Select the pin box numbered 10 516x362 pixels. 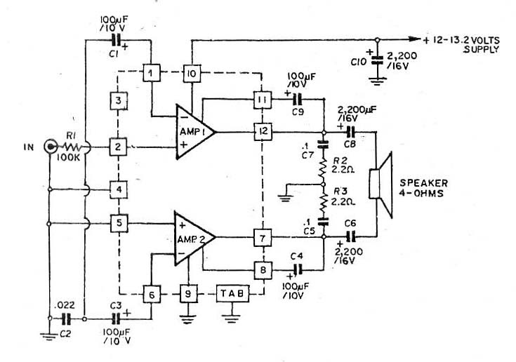pos(192,73)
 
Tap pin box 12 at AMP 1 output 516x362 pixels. pos(263,131)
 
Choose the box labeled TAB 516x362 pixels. pos(232,293)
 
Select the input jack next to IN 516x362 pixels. pos(51,147)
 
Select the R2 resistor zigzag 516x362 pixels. pos(324,168)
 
